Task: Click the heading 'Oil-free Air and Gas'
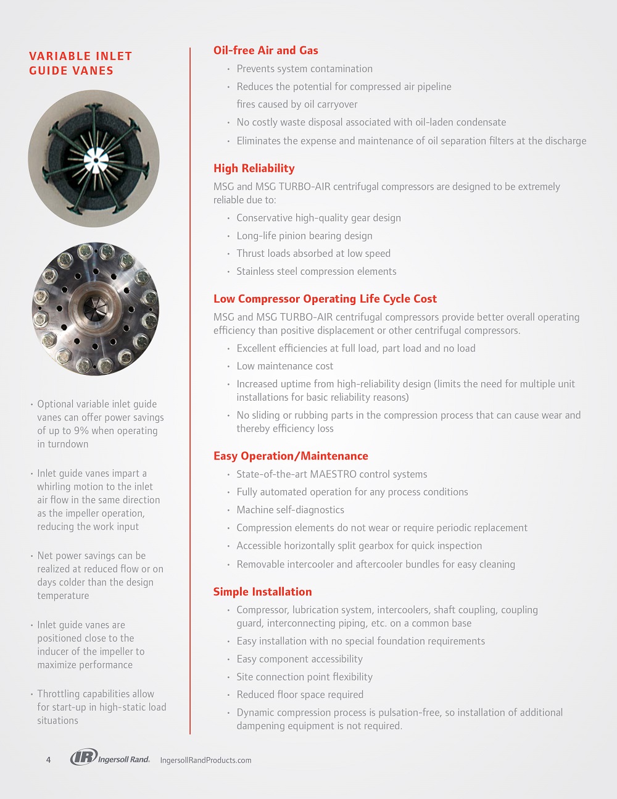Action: (265, 51)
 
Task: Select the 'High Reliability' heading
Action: (254, 169)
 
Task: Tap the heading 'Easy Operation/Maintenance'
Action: (291, 456)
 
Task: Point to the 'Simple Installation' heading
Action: (262, 592)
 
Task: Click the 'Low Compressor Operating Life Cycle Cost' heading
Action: (325, 299)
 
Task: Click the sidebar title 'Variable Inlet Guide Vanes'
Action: (80, 63)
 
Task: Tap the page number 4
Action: (49, 760)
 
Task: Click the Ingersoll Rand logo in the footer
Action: (110, 758)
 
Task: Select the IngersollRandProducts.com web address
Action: (205, 760)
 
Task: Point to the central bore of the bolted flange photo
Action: (95, 307)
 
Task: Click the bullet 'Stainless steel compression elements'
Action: (316, 272)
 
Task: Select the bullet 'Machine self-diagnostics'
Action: (290, 510)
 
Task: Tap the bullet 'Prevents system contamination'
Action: (304, 69)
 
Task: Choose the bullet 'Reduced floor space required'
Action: (300, 695)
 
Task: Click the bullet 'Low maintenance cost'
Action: (284, 366)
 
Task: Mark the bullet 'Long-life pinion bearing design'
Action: (304, 236)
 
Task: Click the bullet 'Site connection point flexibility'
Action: (304, 677)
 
